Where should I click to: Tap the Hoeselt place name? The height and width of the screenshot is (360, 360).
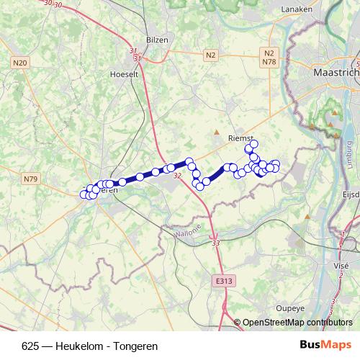coord(125,73)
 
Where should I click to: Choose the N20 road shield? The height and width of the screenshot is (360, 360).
coord(20,64)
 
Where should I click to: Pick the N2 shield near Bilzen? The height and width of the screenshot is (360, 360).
coord(210,55)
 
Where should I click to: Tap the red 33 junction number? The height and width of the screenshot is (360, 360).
coord(216,244)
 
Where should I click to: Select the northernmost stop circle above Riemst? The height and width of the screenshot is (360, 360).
coord(253,144)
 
